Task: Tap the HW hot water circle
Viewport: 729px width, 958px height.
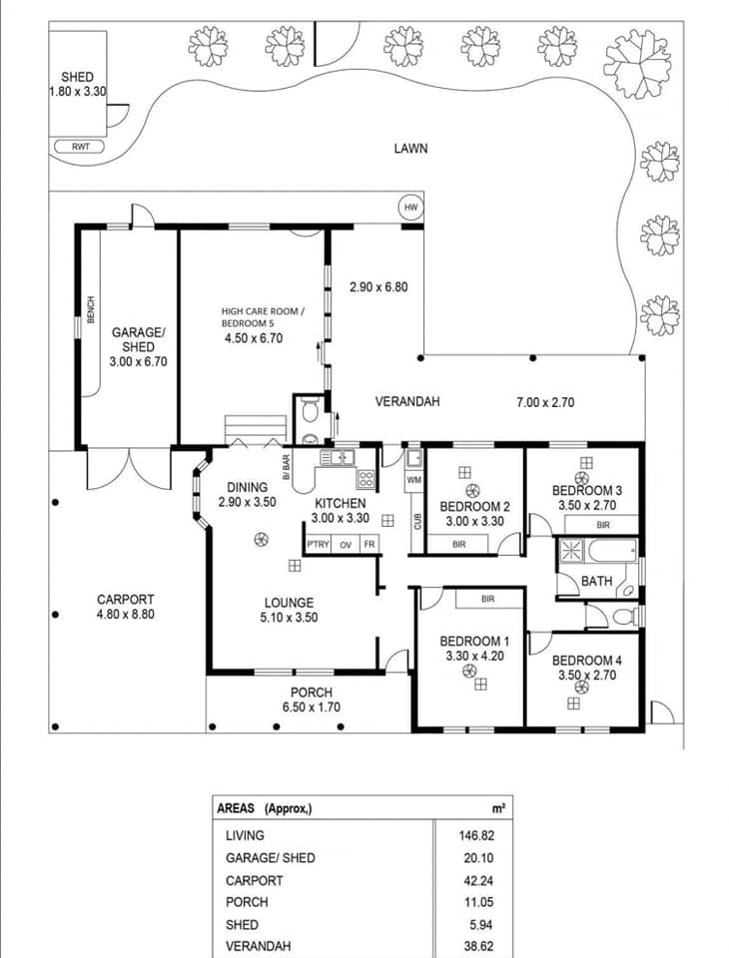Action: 409,208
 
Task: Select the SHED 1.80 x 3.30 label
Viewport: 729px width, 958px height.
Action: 77,84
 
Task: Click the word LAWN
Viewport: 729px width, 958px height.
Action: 410,149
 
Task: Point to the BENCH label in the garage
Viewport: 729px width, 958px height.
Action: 91,309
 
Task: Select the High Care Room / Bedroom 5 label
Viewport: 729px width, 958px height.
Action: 262,324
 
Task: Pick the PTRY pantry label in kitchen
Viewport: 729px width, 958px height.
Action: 318,544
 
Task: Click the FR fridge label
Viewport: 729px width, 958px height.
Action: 368,544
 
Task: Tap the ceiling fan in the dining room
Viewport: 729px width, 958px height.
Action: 260,540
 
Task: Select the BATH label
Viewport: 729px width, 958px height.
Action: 596,580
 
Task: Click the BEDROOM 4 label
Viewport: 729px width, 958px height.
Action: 586,668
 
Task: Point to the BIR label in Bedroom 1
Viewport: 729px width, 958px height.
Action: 488,599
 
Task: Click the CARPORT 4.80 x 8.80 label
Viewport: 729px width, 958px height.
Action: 125,607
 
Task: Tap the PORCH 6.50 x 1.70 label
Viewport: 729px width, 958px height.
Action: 311,701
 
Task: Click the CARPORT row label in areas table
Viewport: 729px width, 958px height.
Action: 254,880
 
